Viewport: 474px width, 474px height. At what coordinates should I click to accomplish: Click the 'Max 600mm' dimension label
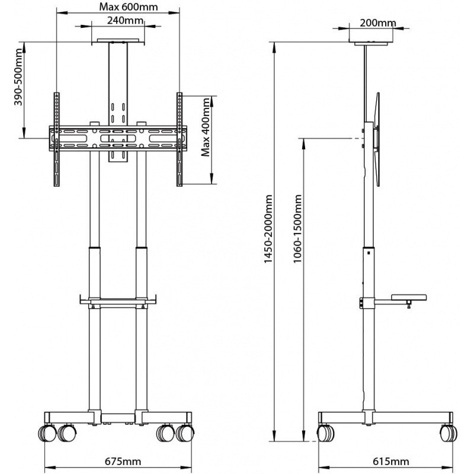(129, 7)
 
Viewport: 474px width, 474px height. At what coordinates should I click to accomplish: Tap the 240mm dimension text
(125, 20)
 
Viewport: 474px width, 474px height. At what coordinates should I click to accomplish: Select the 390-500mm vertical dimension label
(19, 76)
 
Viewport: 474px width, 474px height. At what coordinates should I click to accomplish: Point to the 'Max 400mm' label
(206, 127)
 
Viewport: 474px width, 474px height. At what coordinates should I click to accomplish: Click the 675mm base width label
(123, 462)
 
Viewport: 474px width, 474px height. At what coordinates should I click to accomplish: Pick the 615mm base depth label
(391, 462)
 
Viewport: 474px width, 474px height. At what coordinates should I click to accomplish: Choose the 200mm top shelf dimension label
(377, 23)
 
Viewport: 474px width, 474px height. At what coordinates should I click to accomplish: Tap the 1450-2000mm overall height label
(268, 229)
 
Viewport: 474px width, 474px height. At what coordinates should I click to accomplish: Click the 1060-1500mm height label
(297, 229)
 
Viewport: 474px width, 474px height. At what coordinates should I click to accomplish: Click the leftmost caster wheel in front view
(47, 433)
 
